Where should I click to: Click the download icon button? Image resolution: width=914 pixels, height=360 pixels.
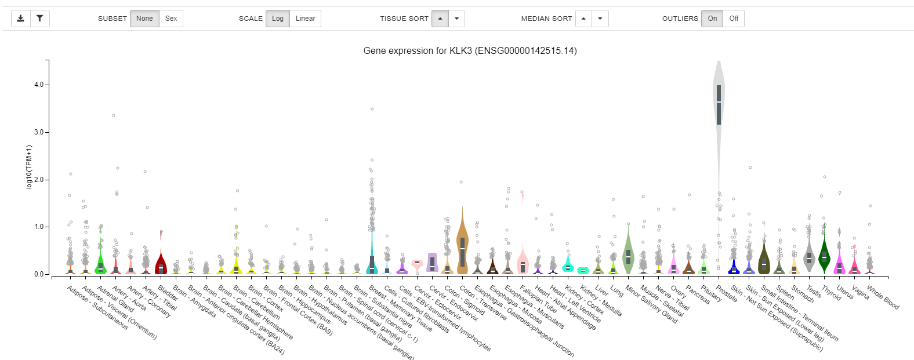pyautogui.click(x=20, y=19)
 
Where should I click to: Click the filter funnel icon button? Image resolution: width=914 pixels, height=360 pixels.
pyautogui.click(x=39, y=19)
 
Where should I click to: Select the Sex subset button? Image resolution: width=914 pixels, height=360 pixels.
pyautogui.click(x=171, y=19)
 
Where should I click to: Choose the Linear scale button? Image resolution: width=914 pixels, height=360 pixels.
pyautogui.click(x=305, y=19)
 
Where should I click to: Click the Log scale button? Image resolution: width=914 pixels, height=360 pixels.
pyautogui.click(x=278, y=19)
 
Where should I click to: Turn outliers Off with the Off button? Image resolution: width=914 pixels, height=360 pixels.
pyautogui.click(x=734, y=19)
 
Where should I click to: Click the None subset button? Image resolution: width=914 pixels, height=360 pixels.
pyautogui.click(x=144, y=19)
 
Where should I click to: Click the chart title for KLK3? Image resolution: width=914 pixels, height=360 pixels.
pyautogui.click(x=470, y=51)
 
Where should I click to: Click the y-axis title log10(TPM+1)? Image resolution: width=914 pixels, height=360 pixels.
pyautogui.click(x=29, y=166)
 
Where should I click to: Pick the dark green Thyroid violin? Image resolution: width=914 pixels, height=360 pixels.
pyautogui.click(x=824, y=255)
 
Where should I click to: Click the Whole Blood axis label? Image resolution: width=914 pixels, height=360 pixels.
pyautogui.click(x=883, y=297)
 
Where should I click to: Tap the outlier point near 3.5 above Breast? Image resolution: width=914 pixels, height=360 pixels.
pyautogui.click(x=372, y=109)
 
